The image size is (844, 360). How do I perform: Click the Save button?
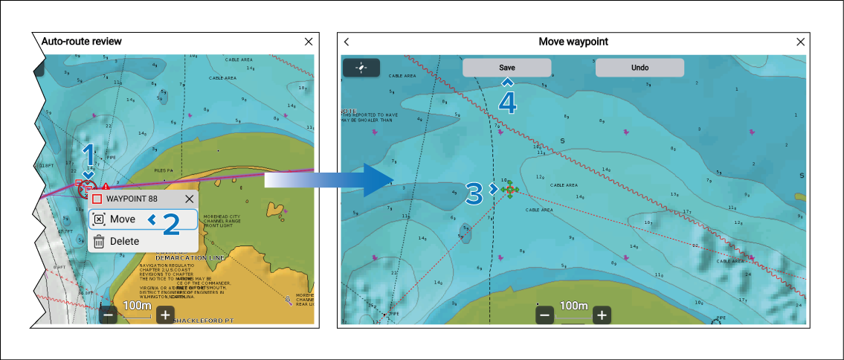click(x=506, y=68)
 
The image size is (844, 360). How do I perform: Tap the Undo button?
click(x=640, y=68)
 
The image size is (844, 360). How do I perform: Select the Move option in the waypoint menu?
click(x=143, y=219)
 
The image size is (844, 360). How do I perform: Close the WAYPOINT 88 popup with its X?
click(x=189, y=199)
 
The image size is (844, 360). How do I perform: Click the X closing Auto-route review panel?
click(x=309, y=42)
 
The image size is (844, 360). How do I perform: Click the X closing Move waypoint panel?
click(x=801, y=42)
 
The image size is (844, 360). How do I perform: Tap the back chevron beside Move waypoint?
click(x=347, y=42)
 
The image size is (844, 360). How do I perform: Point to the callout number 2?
click(x=170, y=224)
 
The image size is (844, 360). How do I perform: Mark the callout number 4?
click(x=507, y=102)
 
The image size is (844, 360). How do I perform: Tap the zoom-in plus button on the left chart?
click(x=165, y=315)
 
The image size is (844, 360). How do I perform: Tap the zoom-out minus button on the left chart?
click(x=109, y=315)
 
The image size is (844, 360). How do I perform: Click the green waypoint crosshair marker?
click(x=509, y=190)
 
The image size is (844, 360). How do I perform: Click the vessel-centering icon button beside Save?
click(x=361, y=68)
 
